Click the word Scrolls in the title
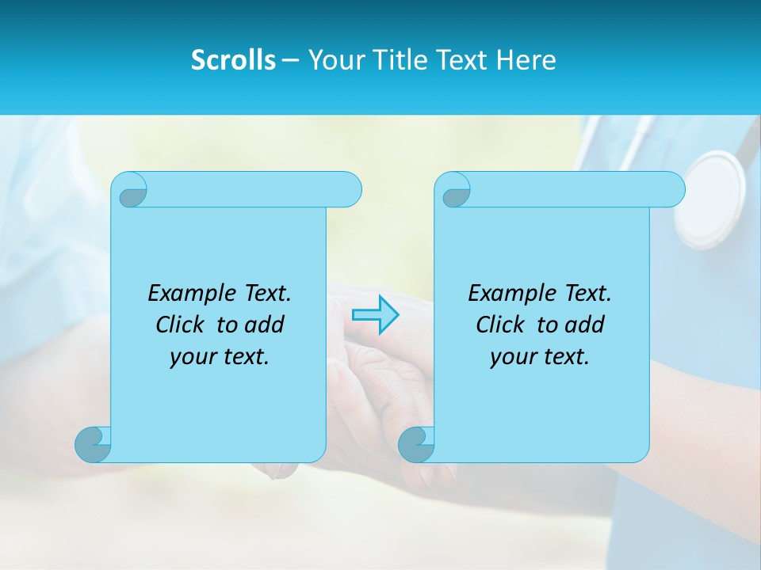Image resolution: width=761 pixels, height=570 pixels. pos(233,60)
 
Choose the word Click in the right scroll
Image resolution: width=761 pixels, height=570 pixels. pos(501,325)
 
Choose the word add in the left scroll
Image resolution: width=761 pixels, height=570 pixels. pos(264,325)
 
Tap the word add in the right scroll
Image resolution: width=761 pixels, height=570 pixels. pos(584,325)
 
